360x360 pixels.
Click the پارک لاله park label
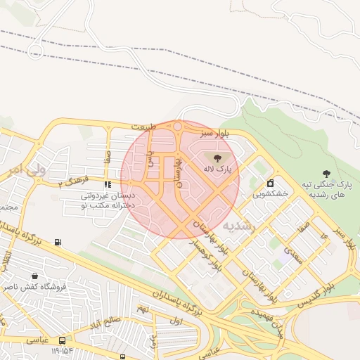click(x=217, y=169)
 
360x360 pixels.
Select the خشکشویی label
click(x=270, y=193)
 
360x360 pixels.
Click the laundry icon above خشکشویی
click(x=270, y=183)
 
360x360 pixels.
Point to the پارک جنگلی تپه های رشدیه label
click(x=326, y=188)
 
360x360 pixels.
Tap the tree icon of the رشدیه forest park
click(x=326, y=173)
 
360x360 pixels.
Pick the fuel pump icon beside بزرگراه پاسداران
click(x=58, y=243)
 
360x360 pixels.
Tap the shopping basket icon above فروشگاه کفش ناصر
click(x=35, y=276)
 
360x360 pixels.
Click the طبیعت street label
click(x=143, y=127)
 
